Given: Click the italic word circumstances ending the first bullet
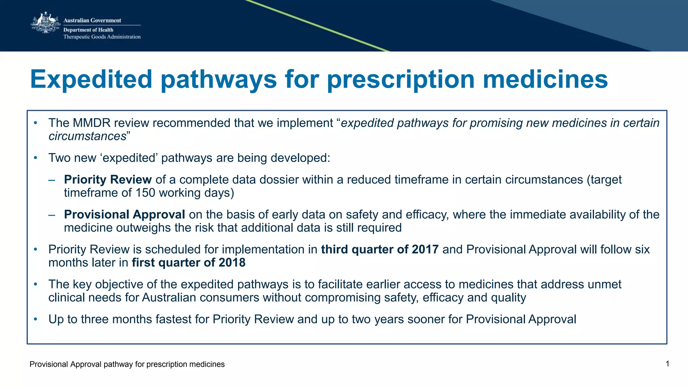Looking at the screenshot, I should coord(87,136).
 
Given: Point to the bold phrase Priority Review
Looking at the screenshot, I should coord(108,180).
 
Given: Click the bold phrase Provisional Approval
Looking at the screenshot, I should coord(124,214).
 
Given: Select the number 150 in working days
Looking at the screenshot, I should coord(145,193).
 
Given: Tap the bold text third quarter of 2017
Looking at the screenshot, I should coord(380,249).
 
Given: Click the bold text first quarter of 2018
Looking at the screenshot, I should coord(188,262).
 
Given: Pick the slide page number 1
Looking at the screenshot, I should coord(668,364).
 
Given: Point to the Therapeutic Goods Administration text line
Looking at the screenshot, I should coord(102,37).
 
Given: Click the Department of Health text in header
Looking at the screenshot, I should coord(88,30).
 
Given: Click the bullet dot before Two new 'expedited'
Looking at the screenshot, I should coord(36,158).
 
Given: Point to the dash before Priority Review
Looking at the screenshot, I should coord(51,180).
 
